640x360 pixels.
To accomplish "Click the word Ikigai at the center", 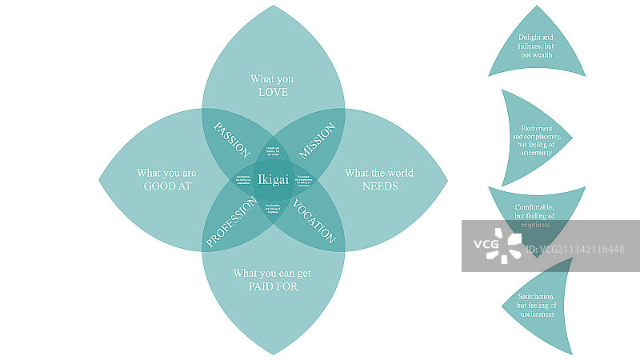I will [274, 180].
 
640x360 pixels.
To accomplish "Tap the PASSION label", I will [233, 140].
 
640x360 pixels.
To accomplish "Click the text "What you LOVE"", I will [273, 86].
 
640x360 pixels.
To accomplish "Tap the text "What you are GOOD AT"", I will [166, 179].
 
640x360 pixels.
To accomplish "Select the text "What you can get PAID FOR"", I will [273, 279].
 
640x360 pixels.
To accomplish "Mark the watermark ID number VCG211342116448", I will [581, 250].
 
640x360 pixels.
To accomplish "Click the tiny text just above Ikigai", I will [273, 152].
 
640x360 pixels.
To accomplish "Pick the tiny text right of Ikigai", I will [302, 180].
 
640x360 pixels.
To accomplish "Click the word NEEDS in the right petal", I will [380, 186].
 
